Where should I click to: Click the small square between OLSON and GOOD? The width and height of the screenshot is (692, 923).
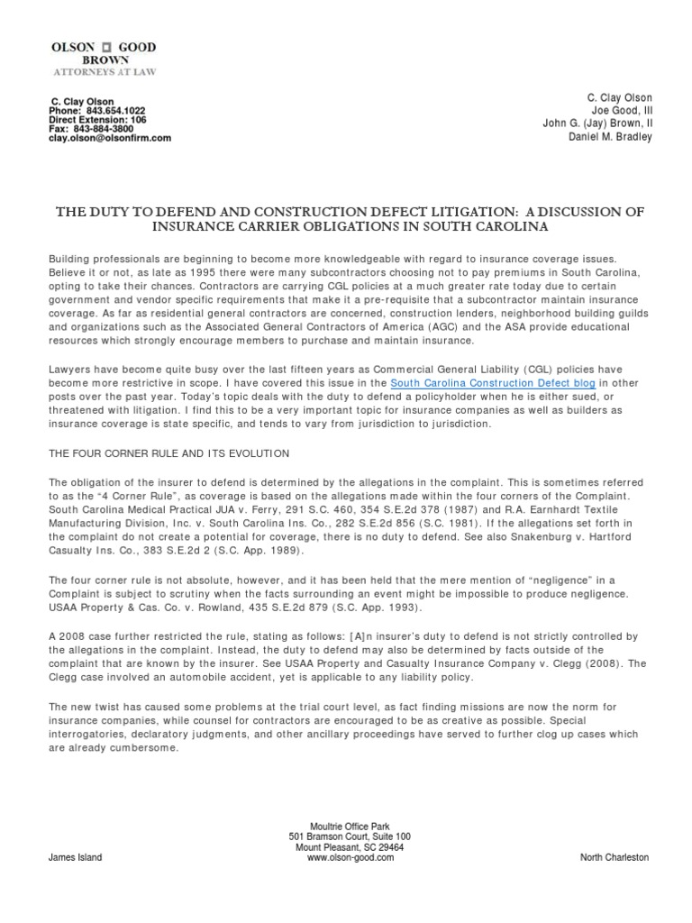click(105, 46)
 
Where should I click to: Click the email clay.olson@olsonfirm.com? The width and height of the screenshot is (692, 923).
click(109, 139)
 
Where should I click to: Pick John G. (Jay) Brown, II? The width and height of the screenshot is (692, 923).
click(596, 123)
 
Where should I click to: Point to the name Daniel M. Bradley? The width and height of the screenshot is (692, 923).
click(608, 137)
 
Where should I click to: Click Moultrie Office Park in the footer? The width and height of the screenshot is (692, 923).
click(346, 827)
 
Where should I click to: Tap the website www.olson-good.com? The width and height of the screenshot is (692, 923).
click(346, 858)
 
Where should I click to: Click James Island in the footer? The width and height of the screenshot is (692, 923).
click(75, 858)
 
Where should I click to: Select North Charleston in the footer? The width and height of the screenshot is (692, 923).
click(615, 858)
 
